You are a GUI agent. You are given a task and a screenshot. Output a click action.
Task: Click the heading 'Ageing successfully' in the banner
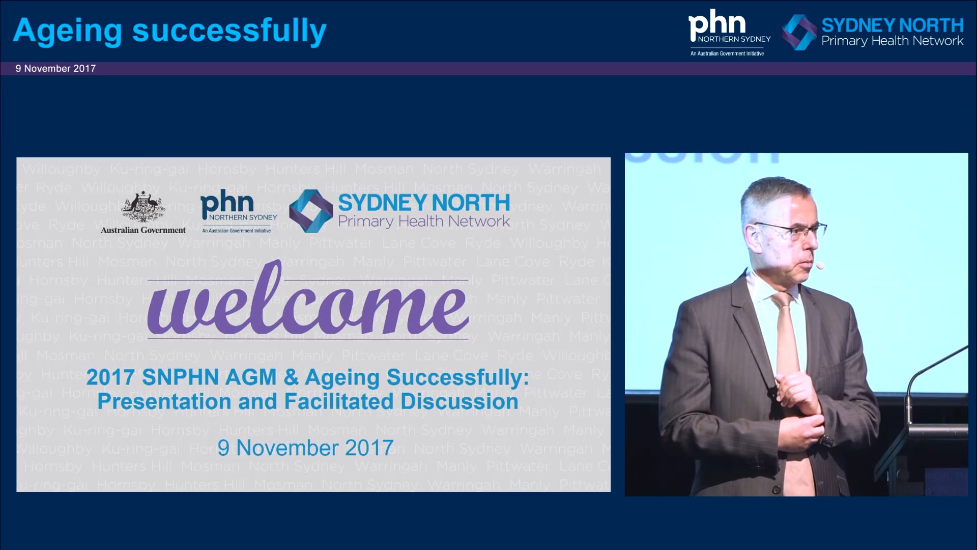(169, 31)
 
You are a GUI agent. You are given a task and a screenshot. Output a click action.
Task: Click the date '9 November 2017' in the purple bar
(55, 69)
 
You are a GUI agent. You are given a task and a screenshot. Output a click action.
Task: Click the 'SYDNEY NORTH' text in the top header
(892, 25)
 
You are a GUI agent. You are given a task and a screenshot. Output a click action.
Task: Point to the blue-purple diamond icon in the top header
(799, 32)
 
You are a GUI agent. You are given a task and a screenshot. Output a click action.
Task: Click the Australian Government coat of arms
(143, 207)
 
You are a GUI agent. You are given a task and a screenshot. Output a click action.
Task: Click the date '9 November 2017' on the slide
(305, 448)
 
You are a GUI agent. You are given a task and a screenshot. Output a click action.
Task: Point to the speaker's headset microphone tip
(820, 265)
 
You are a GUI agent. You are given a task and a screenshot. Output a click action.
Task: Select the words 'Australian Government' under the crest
(143, 230)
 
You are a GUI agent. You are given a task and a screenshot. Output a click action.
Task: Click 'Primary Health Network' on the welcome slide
(423, 222)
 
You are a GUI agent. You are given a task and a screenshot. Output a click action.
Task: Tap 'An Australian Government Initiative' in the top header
(727, 53)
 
